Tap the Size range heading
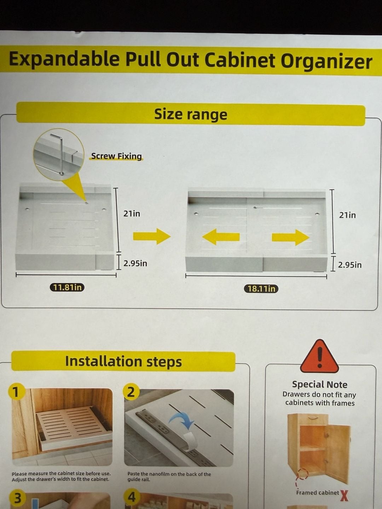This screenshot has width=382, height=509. [191, 114]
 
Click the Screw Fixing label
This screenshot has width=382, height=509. [116, 156]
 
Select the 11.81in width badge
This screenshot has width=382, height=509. [67, 287]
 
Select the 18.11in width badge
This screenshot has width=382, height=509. [261, 289]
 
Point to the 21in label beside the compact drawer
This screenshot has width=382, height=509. [132, 213]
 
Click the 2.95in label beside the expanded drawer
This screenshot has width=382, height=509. [349, 265]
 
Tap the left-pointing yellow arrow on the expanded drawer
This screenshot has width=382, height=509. [221, 237]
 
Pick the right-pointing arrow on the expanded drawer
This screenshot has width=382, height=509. [291, 237]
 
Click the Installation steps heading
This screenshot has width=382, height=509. [123, 361]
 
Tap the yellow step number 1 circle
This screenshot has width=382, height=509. [16, 392]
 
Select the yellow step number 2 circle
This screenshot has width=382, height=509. [131, 392]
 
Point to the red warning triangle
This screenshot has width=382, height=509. [320, 357]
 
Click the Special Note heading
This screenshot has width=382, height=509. [320, 384]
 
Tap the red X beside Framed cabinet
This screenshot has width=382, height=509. [344, 496]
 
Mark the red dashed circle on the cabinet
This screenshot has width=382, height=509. [302, 475]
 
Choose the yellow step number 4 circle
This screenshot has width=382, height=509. [131, 497]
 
